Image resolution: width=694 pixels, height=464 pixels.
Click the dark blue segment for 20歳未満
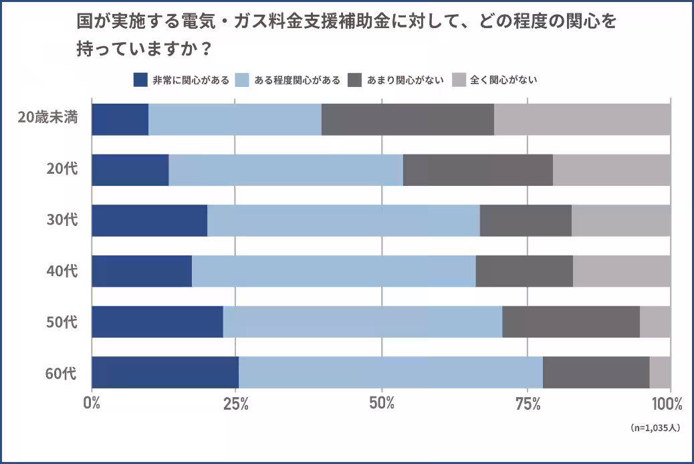coord(120,120)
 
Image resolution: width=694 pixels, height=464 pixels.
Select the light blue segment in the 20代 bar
coord(285,170)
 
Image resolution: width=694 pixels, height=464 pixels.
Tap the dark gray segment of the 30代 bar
coord(526,221)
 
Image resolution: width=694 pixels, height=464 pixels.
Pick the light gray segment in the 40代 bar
coord(622,271)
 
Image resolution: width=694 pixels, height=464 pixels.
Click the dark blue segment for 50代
coord(157,322)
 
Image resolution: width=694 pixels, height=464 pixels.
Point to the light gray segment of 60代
coord(660,372)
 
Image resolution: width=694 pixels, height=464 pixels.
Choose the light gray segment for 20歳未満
coord(582,120)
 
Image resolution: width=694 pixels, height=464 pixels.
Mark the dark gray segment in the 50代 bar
coord(571,322)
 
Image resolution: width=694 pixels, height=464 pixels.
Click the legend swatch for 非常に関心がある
coord(140,80)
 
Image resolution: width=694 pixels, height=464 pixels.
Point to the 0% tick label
coord(92,404)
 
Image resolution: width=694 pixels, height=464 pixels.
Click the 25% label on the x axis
coord(235,404)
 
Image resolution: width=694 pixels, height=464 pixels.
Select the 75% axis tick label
coord(528,404)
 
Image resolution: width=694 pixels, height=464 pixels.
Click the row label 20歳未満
coord(48,118)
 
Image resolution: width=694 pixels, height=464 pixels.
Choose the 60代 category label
coord(62,372)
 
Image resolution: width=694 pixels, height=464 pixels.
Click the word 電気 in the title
coord(197,21)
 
